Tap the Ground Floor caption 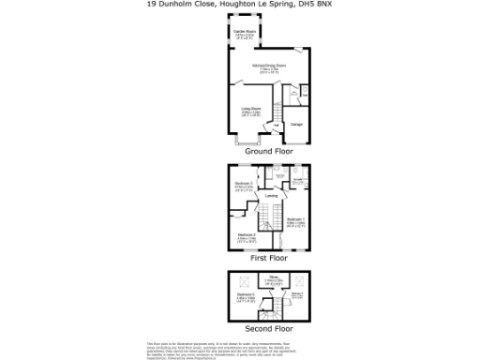[x=269, y=151]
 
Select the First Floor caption [x=269, y=257]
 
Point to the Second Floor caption [x=269, y=329]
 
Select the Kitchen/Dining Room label [x=268, y=67]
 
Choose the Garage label [x=295, y=124]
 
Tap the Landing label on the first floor [x=270, y=195]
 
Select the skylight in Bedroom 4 [x=300, y=280]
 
